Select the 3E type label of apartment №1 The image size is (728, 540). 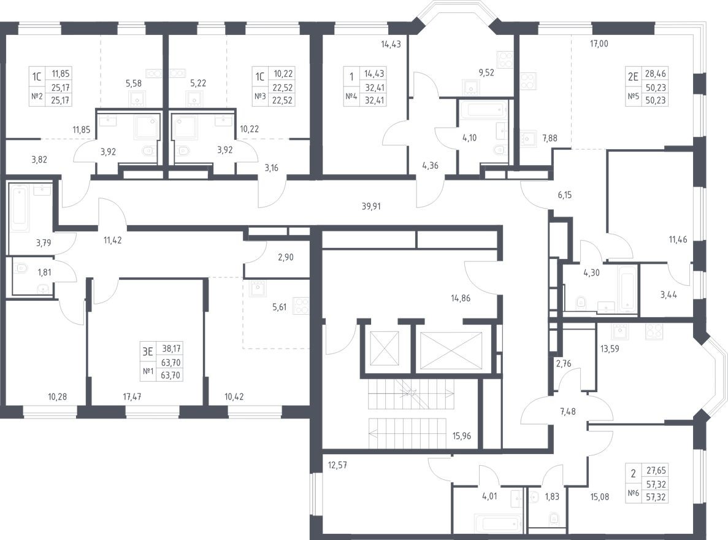(148, 352)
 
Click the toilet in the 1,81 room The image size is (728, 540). (21, 268)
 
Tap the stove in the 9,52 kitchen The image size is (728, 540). (504, 59)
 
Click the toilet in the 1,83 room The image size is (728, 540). (554, 519)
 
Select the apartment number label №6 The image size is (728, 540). (635, 494)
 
